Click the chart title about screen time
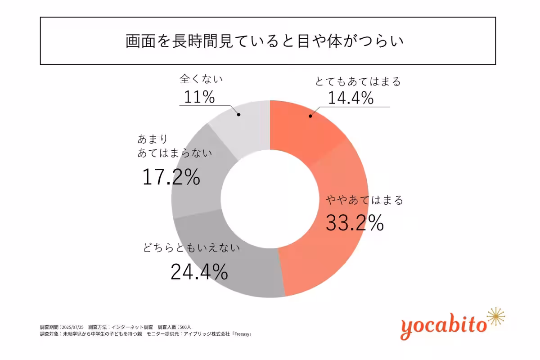[x=265, y=41]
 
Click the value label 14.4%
[x=350, y=97]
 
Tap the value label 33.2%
[x=355, y=222]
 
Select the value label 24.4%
[x=199, y=271]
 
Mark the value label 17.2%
[x=171, y=177]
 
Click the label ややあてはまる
[x=364, y=200]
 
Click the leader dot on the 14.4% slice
[x=310, y=116]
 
